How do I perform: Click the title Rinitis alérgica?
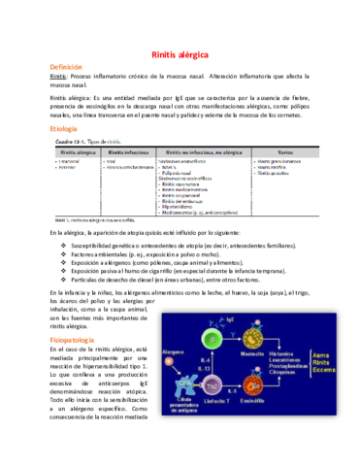point(179,56)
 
